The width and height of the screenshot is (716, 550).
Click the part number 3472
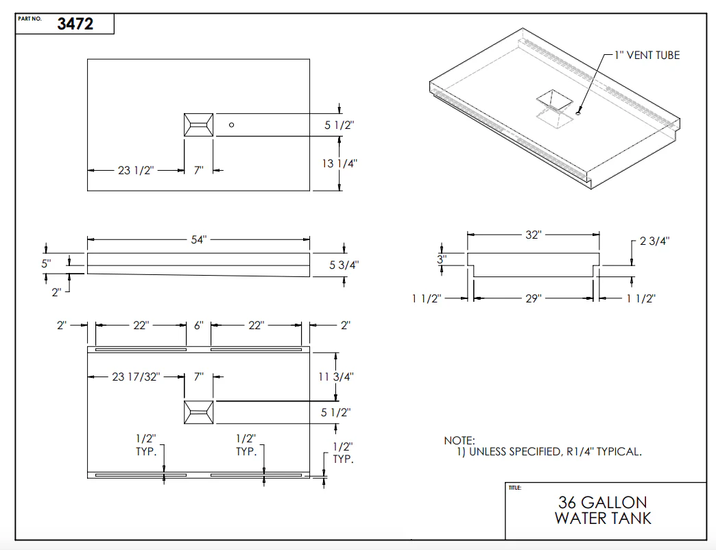pos(75,24)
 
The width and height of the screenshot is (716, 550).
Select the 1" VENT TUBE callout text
pos(647,56)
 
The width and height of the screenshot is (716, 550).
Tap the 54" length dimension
pos(199,239)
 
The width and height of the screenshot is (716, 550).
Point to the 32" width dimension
pos(534,235)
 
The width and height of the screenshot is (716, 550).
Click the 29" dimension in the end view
pos(534,298)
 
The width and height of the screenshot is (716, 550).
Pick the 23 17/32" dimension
pos(136,376)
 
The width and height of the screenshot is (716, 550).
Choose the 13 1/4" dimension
pos(339,163)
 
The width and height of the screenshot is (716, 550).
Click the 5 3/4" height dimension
pos(344,265)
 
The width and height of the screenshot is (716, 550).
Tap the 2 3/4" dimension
pos(654,241)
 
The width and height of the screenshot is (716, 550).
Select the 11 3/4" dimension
pos(336,376)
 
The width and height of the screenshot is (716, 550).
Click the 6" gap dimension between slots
pos(199,326)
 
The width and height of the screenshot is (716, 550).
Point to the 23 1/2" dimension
pos(136,170)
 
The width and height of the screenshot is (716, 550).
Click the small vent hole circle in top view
pos(232,125)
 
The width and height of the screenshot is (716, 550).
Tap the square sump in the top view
pos(198,125)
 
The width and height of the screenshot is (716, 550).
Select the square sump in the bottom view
pos(198,412)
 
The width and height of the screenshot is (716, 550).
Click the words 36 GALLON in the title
pos(603,503)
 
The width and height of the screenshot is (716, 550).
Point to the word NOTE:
pos(460,440)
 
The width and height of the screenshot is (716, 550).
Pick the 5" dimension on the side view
pos(46,263)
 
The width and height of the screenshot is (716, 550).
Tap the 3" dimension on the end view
pos(442,259)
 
